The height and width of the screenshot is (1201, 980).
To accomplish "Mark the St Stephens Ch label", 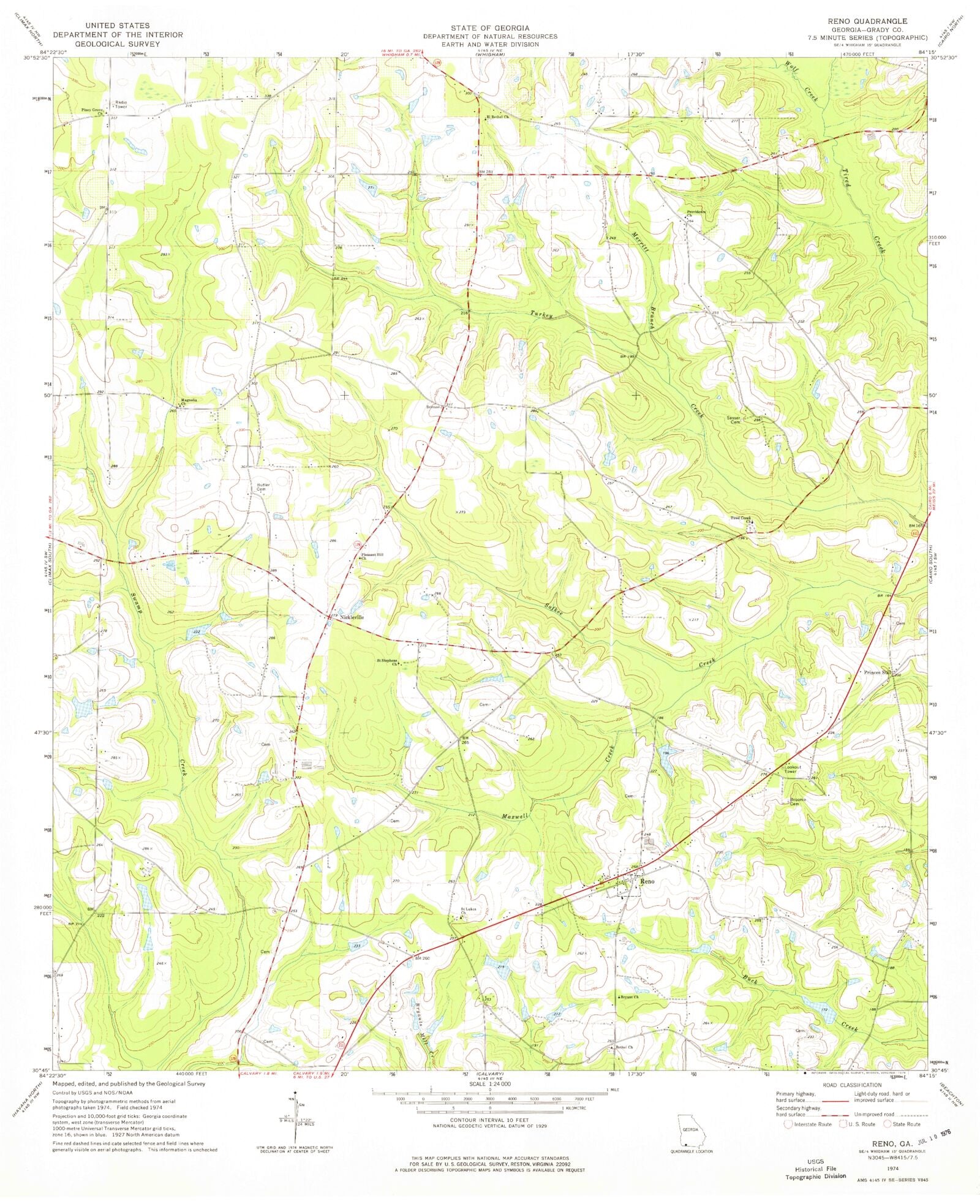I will (388, 662).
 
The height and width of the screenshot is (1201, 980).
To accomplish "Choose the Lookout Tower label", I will (791, 769).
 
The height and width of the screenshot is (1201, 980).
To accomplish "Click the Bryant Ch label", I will (628, 997).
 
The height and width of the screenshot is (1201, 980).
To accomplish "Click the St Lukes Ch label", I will (469, 910).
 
